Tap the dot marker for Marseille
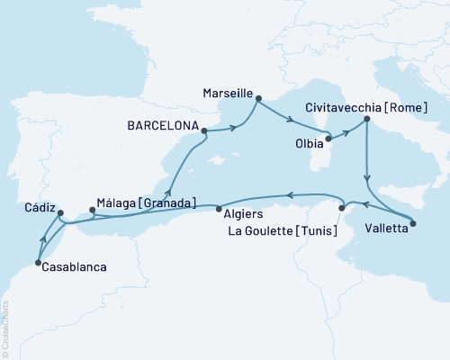pyautogui.click(x=257, y=99)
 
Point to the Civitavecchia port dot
pyautogui.click(x=366, y=120)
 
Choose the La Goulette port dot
pyautogui.click(x=341, y=209)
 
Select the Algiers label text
pyautogui.click(x=238, y=214)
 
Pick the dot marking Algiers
pyautogui.click(x=219, y=208)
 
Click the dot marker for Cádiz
pyautogui.click(x=59, y=214)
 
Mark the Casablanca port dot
pyautogui.click(x=37, y=263)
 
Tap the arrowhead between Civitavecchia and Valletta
pyautogui.click(x=367, y=178)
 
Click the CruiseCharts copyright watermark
pyautogui.click(x=5, y=328)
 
